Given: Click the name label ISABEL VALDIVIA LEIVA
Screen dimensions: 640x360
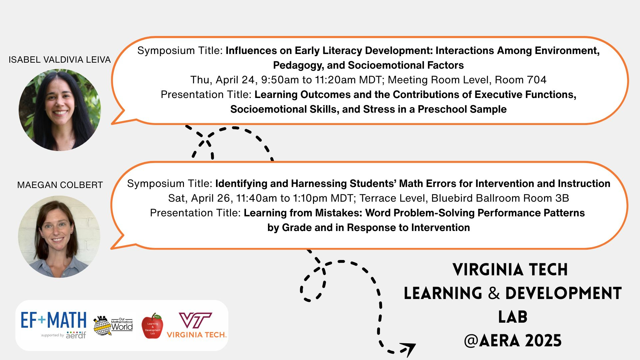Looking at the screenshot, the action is [60, 60].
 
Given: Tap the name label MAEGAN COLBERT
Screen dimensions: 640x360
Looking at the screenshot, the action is [60, 185].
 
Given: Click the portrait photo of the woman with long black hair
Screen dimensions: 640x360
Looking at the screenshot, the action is [60, 110].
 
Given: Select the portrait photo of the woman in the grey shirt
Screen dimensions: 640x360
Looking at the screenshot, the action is [59, 236].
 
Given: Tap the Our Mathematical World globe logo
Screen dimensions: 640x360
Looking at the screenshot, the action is [113, 325].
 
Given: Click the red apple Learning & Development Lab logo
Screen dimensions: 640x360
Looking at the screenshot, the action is [152, 326].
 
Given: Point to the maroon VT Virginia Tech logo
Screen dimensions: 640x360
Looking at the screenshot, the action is [197, 325].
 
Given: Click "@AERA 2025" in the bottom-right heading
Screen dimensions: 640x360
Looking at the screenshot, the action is [513, 341].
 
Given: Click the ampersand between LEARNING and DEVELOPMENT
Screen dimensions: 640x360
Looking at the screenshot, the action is [494, 293].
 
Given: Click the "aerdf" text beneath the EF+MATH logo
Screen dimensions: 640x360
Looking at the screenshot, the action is [76, 335].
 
